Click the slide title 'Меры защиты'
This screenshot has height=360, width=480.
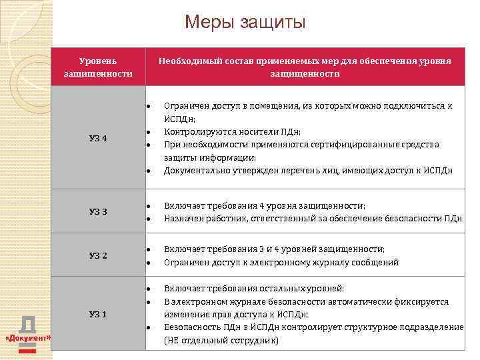[x=245, y=23]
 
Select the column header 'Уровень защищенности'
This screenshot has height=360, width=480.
[x=98, y=67]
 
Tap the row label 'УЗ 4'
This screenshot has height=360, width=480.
[x=98, y=138]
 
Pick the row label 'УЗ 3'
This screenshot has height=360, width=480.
[x=98, y=212]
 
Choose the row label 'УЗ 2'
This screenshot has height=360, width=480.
[x=98, y=256]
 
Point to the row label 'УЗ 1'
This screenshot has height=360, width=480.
[x=98, y=314]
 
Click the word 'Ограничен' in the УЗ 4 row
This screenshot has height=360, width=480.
[x=185, y=106]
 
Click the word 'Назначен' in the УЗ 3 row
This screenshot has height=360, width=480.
[x=182, y=218]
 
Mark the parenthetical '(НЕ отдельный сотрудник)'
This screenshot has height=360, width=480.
[x=221, y=340]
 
